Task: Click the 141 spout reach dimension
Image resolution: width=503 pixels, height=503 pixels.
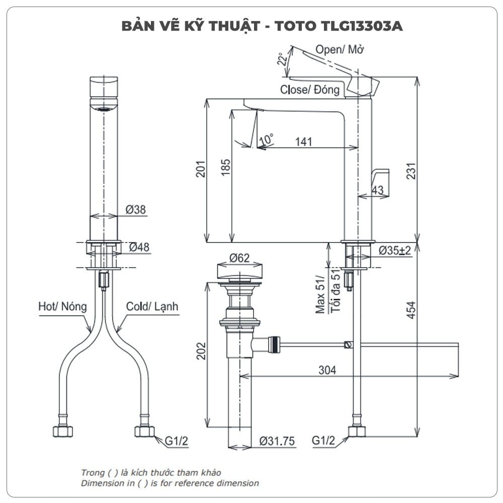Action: [303, 142]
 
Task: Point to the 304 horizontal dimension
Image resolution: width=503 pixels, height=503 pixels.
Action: [327, 370]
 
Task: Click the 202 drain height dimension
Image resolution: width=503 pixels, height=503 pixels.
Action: [200, 351]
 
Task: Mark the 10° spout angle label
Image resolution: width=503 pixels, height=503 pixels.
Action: [267, 137]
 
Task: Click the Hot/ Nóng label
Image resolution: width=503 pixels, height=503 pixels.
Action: [62, 306]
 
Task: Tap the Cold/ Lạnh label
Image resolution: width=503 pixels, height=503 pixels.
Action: [152, 306]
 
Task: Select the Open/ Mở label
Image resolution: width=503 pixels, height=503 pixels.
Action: [340, 49]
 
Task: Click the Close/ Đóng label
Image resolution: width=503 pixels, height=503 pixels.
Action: [310, 90]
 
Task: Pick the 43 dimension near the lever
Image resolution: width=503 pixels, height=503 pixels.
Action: [377, 190]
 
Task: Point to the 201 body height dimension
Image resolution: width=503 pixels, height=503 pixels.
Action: [200, 171]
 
